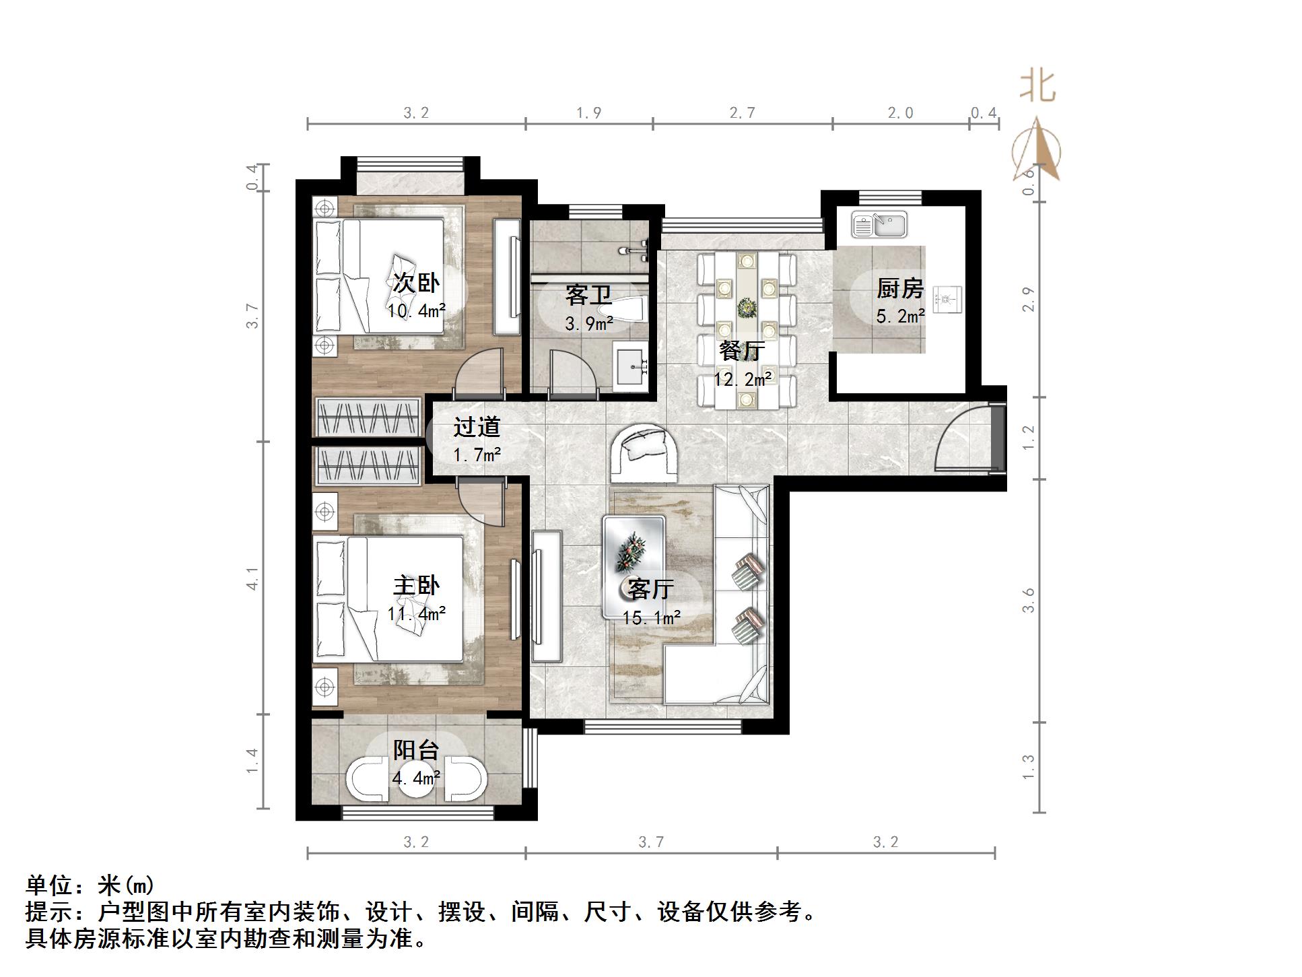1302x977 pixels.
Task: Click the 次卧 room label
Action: click(x=416, y=283)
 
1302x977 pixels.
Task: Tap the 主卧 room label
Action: click(x=416, y=586)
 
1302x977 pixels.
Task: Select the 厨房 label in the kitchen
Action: click(x=899, y=288)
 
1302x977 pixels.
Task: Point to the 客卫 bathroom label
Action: click(x=588, y=295)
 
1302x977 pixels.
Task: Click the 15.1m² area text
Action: click(x=651, y=617)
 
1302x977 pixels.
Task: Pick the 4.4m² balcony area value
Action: click(x=416, y=778)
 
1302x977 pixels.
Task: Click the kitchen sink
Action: click(x=879, y=224)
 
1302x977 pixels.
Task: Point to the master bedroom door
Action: click(x=481, y=502)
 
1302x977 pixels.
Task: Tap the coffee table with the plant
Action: click(x=633, y=552)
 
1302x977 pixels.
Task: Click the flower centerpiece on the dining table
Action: click(x=746, y=309)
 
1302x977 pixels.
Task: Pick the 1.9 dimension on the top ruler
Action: click(x=588, y=113)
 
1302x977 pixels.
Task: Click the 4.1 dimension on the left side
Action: click(x=252, y=578)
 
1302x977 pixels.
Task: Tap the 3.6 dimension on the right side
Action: click(x=1028, y=600)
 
